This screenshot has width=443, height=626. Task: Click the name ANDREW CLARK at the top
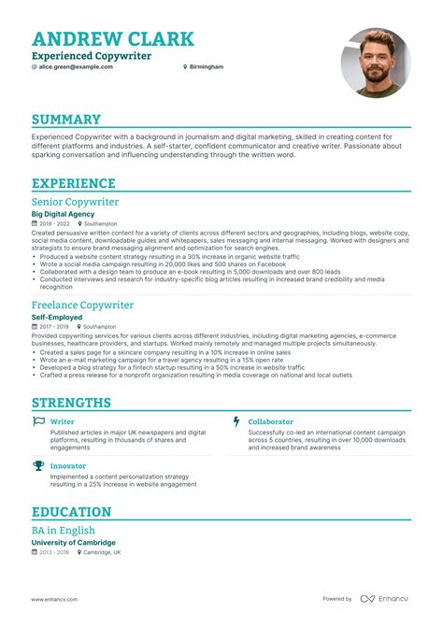point(113,38)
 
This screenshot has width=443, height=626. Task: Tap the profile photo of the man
point(376,62)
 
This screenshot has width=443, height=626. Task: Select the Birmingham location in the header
point(206,68)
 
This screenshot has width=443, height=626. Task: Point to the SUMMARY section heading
point(65,120)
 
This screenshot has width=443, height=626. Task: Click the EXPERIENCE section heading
point(73,184)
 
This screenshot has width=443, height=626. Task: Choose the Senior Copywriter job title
point(75,202)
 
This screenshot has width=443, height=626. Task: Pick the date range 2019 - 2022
point(54,224)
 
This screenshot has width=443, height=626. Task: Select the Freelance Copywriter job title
point(82,305)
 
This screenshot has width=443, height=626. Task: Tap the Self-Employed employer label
point(57,317)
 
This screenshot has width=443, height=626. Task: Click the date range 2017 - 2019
point(54,327)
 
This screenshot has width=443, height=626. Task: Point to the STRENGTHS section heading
point(71,403)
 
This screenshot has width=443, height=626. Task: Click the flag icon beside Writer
point(38,421)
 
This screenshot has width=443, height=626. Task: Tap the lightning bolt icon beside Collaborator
point(236,421)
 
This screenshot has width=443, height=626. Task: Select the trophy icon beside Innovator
point(38,464)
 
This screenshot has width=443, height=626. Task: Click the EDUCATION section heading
point(71,512)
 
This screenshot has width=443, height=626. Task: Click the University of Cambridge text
point(73,542)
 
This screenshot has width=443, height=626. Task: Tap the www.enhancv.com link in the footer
point(54,599)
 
